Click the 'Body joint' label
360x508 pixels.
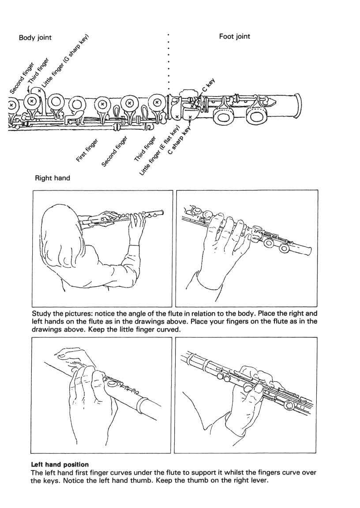pyautogui.click(x=35, y=37)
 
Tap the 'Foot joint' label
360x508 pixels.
pyautogui.click(x=234, y=36)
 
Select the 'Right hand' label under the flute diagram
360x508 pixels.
pyautogui.click(x=52, y=178)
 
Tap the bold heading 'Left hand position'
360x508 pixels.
pyautogui.click(x=60, y=464)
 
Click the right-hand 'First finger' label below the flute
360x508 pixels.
pyautogui.click(x=87, y=150)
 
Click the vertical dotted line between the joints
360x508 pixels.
pyautogui.click(x=169, y=62)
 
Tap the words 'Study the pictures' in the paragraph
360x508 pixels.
pyautogui.click(x=60, y=314)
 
